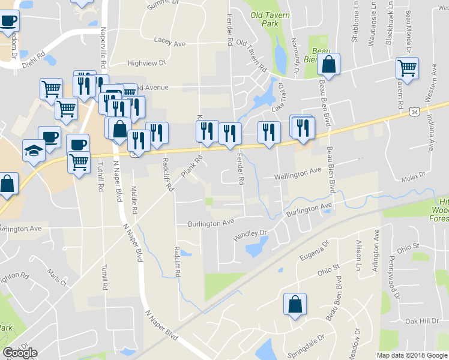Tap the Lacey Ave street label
[170, 41]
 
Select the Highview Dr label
[146, 62]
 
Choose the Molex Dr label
[413, 175]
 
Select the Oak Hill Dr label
[421, 322]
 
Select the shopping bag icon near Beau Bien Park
[329, 63]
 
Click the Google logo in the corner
[20, 353]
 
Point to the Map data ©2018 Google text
[412, 355]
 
